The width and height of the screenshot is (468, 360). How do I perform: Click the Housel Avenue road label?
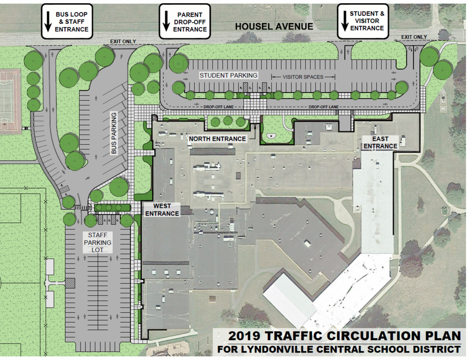pos(274,27)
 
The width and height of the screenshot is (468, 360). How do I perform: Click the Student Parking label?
pos(228,75)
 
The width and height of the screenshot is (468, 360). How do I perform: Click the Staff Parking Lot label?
pos(97,242)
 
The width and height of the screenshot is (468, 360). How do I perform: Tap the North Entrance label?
pos(217,139)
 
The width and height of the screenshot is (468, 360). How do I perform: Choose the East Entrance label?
pos(380,143)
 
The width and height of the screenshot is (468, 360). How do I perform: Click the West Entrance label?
pos(162,210)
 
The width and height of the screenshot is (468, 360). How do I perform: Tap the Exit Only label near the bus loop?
pos(123,42)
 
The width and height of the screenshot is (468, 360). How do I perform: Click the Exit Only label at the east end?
pos(414,37)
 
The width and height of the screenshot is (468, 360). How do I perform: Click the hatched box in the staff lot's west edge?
pos(70,282)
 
